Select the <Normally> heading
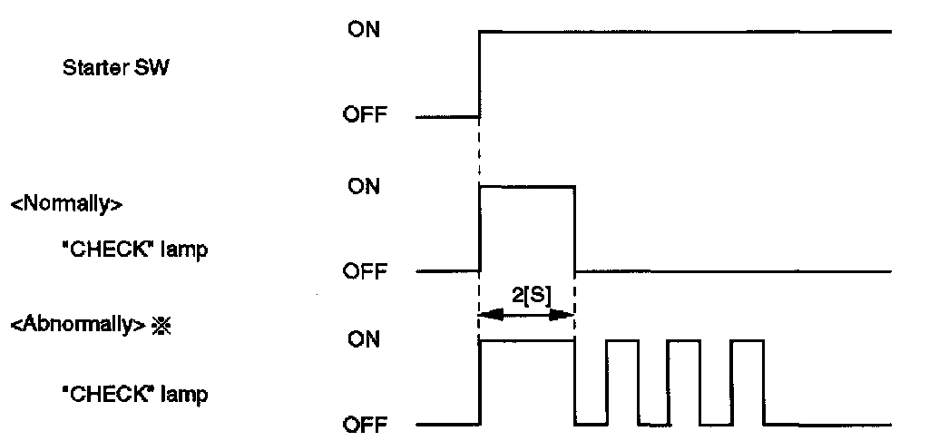(x=66, y=203)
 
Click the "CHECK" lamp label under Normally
(x=133, y=250)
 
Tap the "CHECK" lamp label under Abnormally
(x=133, y=396)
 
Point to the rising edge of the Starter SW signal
(x=479, y=73)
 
